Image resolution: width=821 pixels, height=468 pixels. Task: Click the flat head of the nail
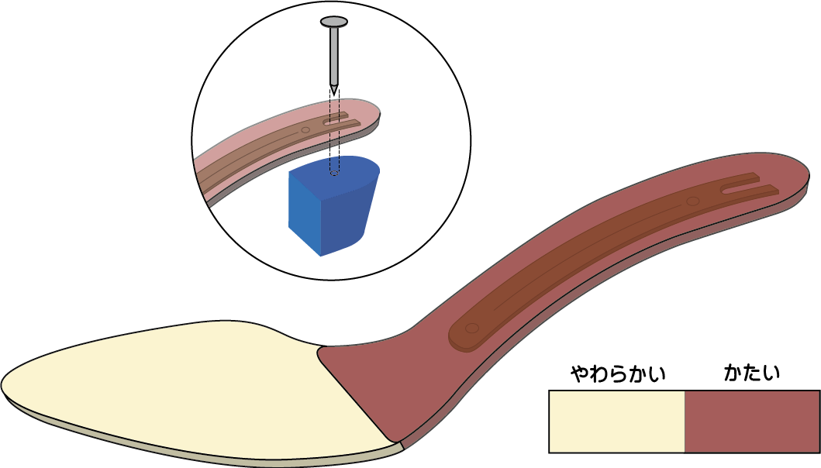coord(334,22)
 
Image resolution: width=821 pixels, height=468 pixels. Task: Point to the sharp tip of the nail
coord(334,89)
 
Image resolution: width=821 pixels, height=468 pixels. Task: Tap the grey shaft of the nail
coord(334,54)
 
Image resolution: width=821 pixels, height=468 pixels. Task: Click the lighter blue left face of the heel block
coord(303,213)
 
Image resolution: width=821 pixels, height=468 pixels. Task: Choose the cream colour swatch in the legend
coord(616,422)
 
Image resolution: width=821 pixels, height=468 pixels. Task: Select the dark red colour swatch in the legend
coord(751,422)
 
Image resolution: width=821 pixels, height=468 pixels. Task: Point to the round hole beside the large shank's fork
coord(692,201)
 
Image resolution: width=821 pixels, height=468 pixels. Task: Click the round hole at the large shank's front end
coord(471,329)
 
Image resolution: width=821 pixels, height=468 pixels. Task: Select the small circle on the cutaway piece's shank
coord(305,130)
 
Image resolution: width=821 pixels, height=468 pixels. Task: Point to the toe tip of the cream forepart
coord(6,384)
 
